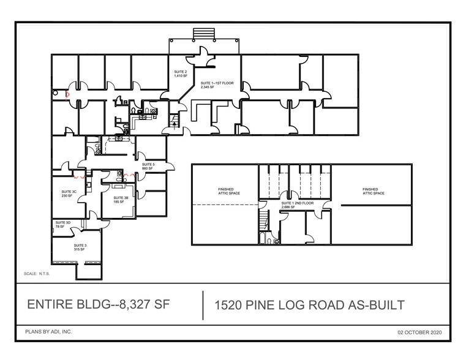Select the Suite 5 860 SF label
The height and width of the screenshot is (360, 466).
coord(148,167)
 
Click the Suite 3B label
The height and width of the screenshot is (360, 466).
coord(121,200)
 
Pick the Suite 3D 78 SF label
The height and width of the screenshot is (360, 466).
coord(60,224)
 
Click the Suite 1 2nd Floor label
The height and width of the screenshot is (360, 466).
coord(296,205)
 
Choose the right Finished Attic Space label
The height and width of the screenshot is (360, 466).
coord(374,191)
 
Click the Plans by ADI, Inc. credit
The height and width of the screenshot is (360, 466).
coord(48,331)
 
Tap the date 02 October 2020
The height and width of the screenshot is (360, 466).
coord(419,332)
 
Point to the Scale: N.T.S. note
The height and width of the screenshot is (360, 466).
coord(36,273)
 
